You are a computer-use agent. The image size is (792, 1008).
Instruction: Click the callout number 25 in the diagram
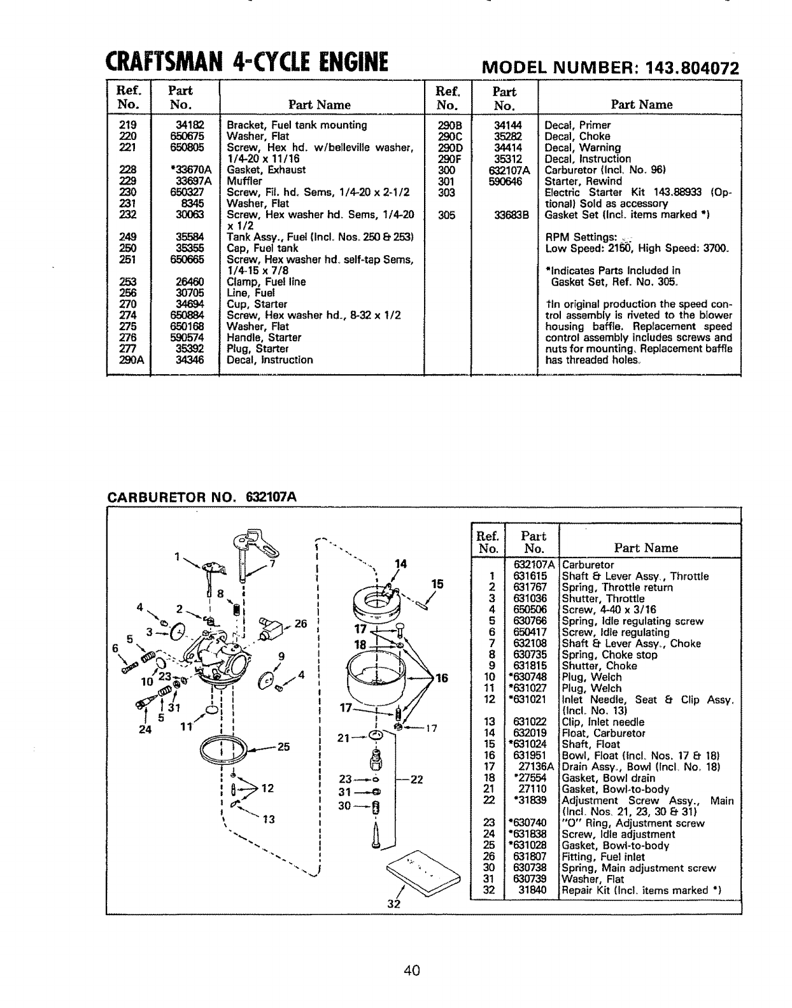[284, 746]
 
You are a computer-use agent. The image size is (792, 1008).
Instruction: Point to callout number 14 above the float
[400, 563]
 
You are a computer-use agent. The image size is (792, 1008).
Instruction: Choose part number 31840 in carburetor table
[534, 890]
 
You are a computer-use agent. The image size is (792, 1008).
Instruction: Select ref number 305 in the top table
[447, 215]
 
